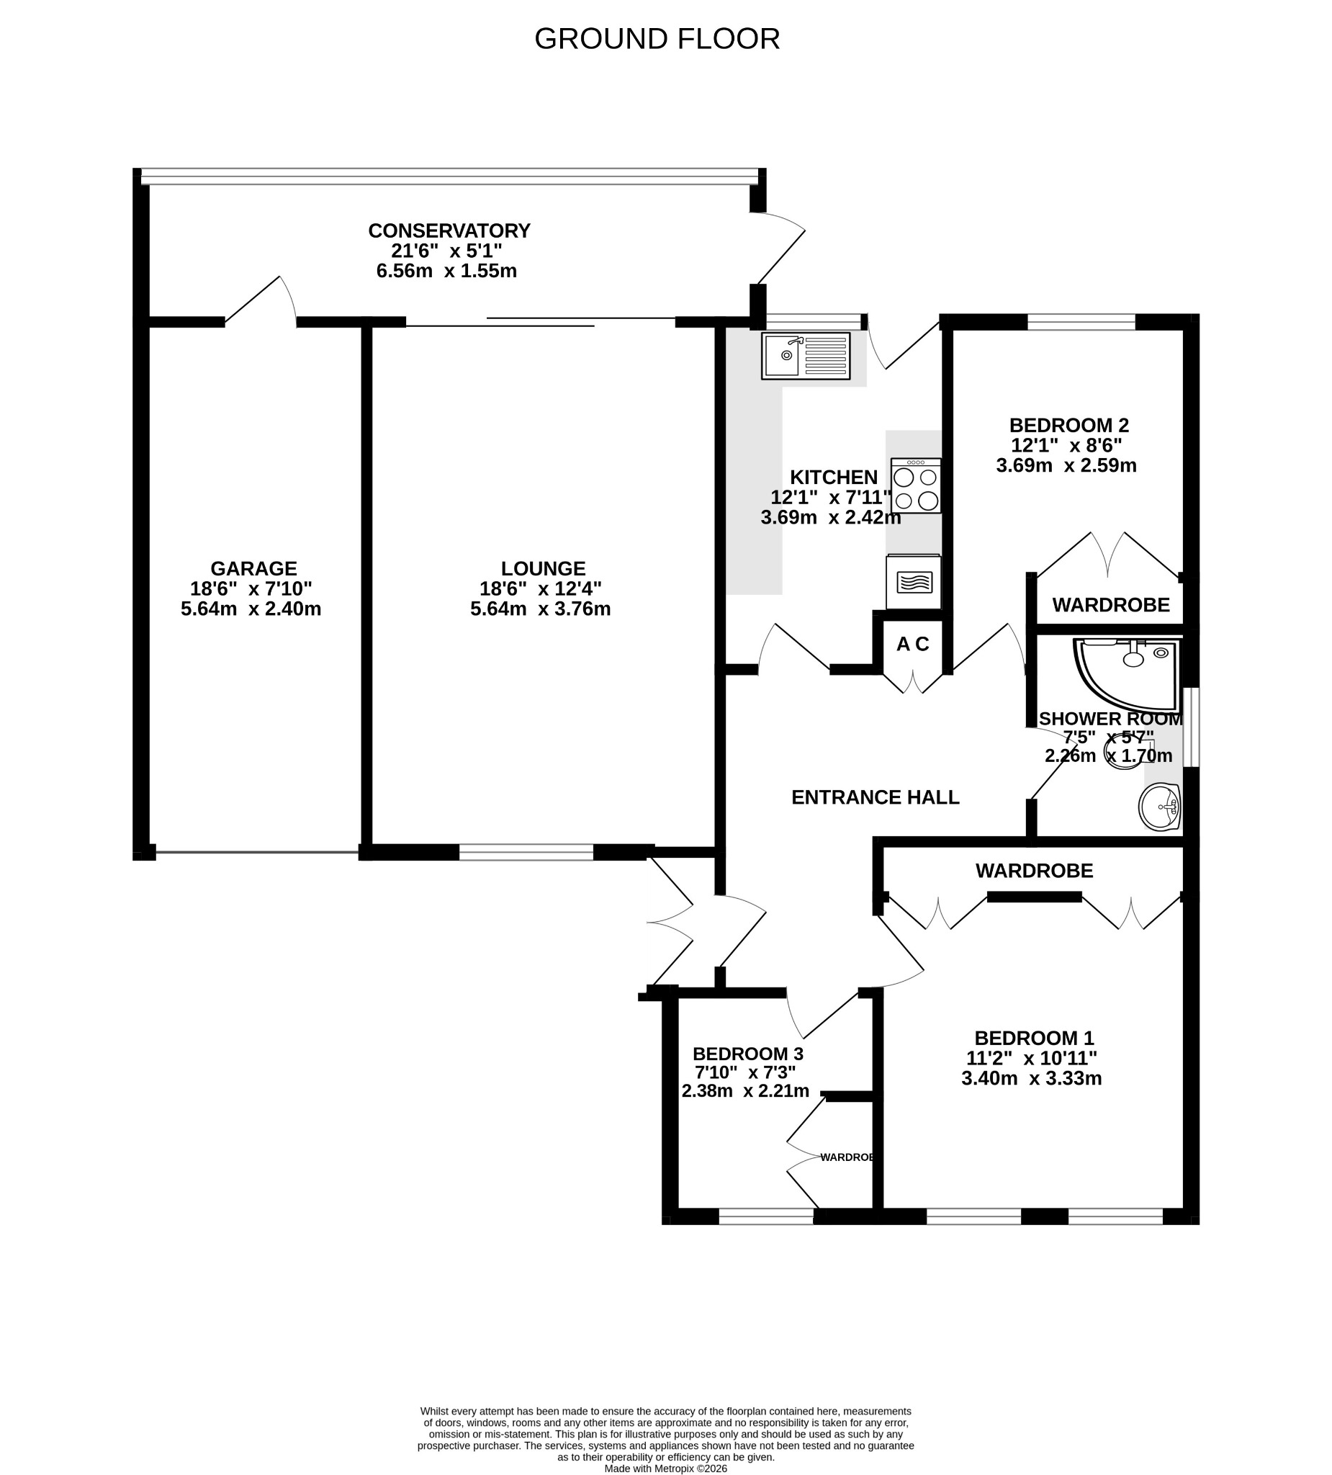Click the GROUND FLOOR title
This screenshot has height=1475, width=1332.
tap(657, 39)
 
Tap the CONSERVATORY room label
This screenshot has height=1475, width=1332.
tap(449, 230)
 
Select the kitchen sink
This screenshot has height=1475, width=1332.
tap(806, 357)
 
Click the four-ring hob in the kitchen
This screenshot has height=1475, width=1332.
tap(916, 485)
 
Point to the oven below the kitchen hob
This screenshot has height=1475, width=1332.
tap(913, 582)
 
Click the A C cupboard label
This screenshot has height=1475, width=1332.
tap(912, 644)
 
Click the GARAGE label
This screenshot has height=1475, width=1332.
tap(254, 568)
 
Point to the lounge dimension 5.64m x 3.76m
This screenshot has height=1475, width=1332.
tap(541, 609)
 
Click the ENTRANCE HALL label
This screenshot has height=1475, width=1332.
tap(875, 797)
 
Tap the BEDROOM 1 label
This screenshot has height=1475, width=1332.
tap(1035, 1039)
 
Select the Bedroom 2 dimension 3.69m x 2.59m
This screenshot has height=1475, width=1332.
tap(1066, 465)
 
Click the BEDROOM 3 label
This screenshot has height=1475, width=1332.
tap(747, 1054)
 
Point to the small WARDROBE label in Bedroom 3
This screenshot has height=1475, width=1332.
tap(847, 1157)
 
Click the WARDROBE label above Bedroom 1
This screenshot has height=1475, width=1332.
tap(1035, 871)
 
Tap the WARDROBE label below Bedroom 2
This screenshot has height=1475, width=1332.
tap(1111, 605)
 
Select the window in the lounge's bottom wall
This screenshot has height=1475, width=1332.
tap(526, 851)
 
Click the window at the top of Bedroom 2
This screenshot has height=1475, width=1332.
tap(1081, 321)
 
